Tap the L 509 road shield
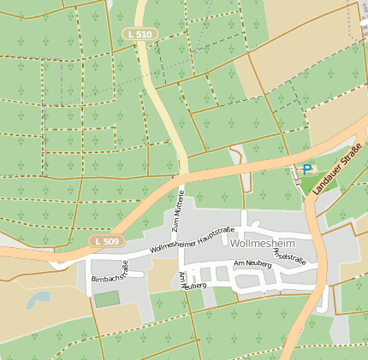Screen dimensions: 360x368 click(x=108, y=242)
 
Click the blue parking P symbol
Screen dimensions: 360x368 click(x=306, y=169)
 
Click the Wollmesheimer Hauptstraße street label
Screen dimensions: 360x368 click(x=192, y=239)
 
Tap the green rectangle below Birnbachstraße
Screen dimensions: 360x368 click(x=107, y=299)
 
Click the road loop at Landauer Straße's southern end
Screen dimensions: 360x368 click(x=323, y=302)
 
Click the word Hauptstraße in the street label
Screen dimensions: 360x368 click(x=216, y=233)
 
